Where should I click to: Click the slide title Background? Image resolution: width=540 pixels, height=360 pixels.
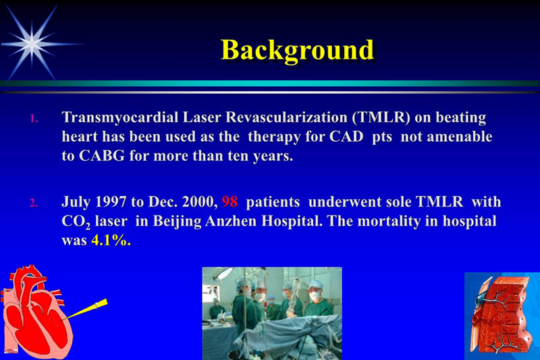[297, 50]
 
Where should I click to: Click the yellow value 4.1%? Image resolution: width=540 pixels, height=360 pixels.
[111, 240]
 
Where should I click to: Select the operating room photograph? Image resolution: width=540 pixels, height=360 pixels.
[271, 313]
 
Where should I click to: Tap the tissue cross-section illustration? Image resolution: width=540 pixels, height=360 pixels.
[502, 316]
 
